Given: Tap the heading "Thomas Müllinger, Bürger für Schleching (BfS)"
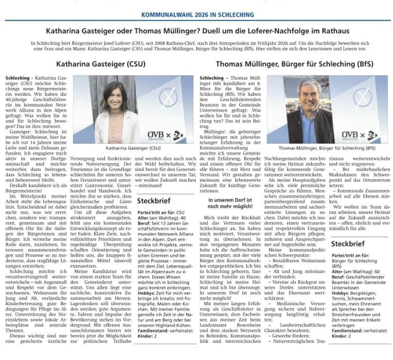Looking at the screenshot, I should point(293,65).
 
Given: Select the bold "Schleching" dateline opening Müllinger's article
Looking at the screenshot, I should point(212,78).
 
